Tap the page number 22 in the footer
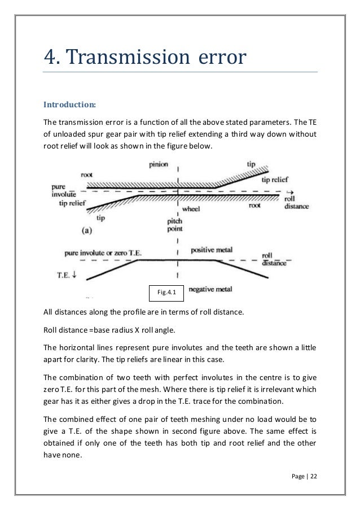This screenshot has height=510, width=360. pyautogui.click(x=314, y=476)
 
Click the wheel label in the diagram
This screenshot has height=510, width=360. pyautogui.click(x=191, y=208)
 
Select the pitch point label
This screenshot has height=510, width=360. pyautogui.click(x=174, y=225)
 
